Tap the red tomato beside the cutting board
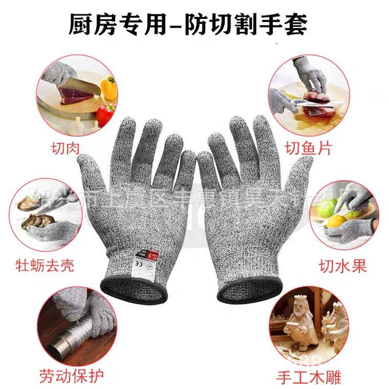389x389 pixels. tap(104, 113)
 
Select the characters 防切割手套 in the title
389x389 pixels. tap(259, 24)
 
